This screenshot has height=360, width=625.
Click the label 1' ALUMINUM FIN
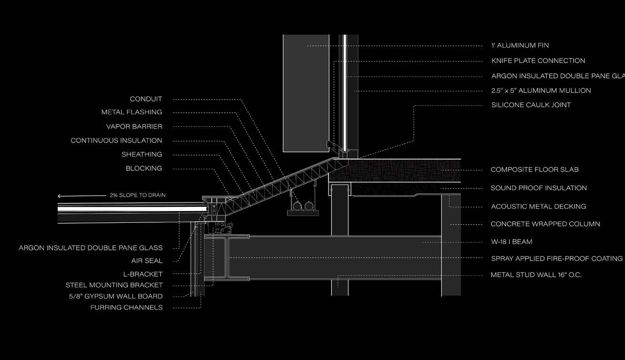point(520,46)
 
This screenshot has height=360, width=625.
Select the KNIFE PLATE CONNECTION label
point(538,61)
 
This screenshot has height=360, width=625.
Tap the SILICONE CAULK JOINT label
point(531,105)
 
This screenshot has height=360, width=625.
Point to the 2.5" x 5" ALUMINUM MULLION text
point(541,90)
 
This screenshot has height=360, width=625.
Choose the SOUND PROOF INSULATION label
point(539,188)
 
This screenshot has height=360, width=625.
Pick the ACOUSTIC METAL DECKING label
point(538,207)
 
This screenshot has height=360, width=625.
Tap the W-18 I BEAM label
point(512,242)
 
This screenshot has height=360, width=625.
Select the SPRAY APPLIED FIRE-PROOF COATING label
point(556,259)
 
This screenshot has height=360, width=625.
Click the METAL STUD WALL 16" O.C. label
point(536,275)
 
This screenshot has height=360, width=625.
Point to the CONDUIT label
point(146,100)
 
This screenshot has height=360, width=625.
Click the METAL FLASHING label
point(131,112)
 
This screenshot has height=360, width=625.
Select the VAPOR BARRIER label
point(134,127)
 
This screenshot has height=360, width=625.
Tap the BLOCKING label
point(144,169)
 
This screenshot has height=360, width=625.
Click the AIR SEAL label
point(147,261)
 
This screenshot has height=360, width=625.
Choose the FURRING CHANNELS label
point(126,308)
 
